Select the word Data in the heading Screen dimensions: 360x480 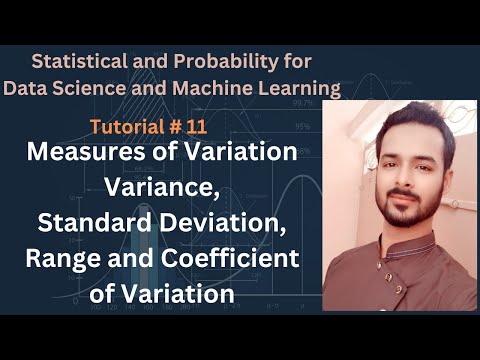coord(26,89)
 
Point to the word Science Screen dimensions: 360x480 coord(89,89)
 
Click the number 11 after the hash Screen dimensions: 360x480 coord(237,128)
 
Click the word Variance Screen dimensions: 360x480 coord(160,189)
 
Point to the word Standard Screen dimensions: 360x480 coord(83,224)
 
